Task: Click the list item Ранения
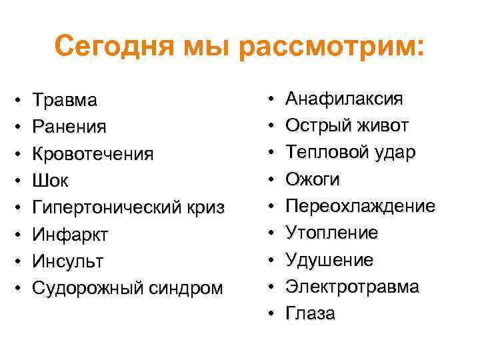click(x=69, y=127)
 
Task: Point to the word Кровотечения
click(x=93, y=154)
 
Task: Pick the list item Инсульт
click(x=68, y=261)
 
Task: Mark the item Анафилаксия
click(x=344, y=99)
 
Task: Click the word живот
click(x=382, y=126)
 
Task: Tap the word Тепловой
click(x=322, y=153)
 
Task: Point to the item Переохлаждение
click(x=360, y=206)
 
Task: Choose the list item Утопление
click(x=331, y=233)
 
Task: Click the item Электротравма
click(x=352, y=287)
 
